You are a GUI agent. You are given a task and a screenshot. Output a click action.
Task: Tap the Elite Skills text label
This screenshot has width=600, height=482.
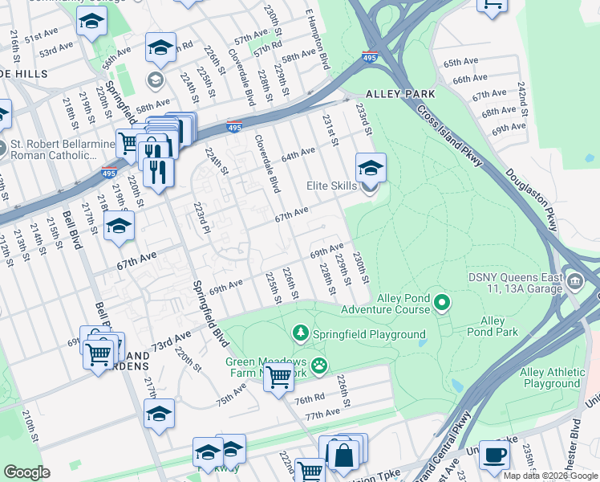pyautogui.click(x=331, y=186)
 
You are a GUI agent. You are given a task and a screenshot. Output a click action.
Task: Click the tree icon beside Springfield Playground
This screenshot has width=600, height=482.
pyautogui.click(x=300, y=333)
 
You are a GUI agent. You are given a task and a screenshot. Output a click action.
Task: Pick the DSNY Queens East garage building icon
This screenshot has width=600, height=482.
pyautogui.click(x=576, y=282)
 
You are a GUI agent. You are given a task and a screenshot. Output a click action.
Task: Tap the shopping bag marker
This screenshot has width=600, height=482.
pyautogui.click(x=343, y=455)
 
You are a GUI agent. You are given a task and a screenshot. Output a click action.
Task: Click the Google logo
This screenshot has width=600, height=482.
pyautogui.click(x=26, y=472)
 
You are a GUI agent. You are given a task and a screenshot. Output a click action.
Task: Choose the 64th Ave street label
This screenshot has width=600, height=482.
pyautogui.click(x=298, y=153)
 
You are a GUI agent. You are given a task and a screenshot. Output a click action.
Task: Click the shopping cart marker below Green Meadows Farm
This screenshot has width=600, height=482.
pyautogui.click(x=278, y=376)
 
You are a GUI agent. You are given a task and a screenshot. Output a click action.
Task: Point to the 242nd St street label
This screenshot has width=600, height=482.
pyautogui.click(x=522, y=97)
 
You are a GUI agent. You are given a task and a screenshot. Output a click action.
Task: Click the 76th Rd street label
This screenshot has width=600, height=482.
pyautogui.click(x=309, y=399)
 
